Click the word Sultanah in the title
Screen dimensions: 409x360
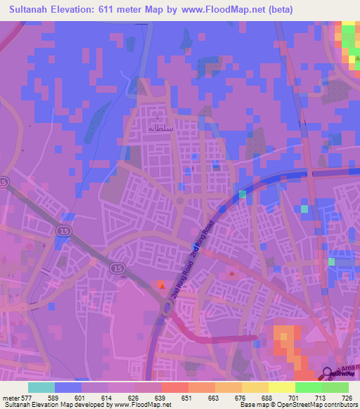click(28, 9)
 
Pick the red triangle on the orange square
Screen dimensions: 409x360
click(161, 285)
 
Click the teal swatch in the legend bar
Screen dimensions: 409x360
click(41, 387)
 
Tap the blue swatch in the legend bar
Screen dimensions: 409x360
click(68, 387)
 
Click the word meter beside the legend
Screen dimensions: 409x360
click(11, 397)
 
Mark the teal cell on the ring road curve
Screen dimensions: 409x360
click(243, 193)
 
